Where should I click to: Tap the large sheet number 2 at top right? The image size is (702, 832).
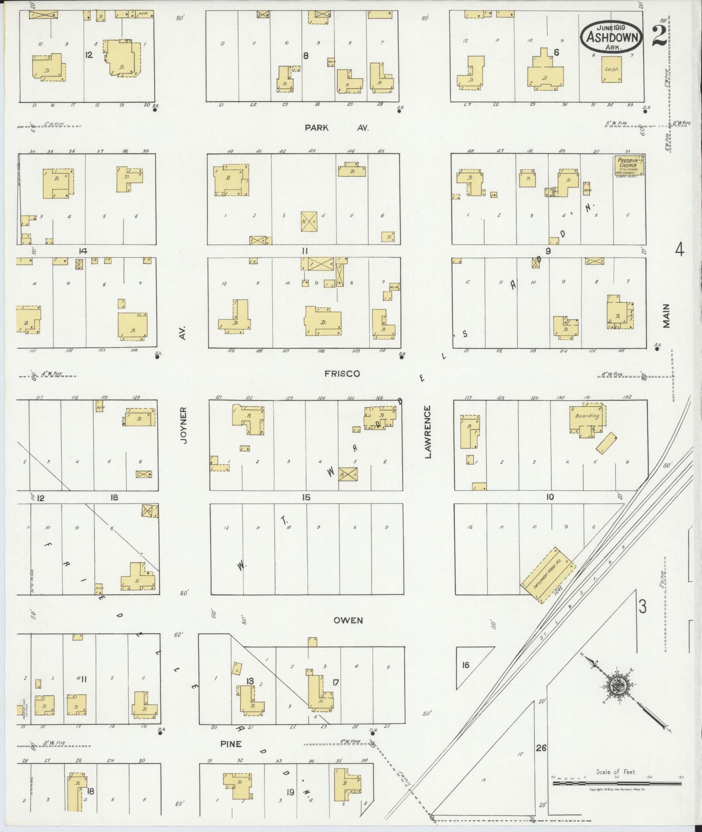660,36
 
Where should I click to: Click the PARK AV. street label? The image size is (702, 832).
336,128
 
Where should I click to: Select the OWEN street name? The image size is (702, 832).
348,621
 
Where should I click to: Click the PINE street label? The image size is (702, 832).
231,744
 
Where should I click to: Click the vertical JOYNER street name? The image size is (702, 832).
184,425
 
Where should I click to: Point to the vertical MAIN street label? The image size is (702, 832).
666,316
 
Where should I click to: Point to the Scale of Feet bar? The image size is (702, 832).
617,783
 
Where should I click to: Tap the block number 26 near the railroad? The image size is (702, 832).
541,748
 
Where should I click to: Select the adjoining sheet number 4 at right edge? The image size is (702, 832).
679,250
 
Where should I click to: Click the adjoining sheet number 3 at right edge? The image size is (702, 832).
642,606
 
